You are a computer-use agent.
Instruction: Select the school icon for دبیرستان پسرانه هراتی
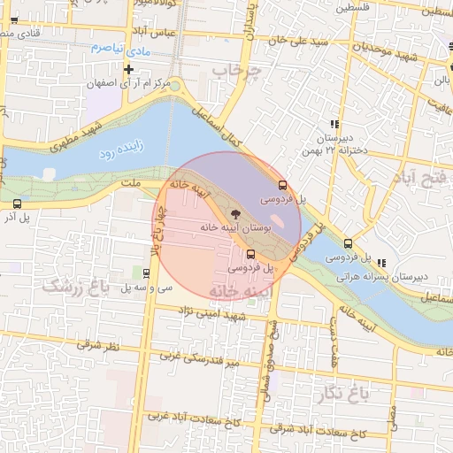pyautogui.click(x=382, y=263)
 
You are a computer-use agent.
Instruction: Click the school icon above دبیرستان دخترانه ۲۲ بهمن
pyautogui.click(x=334, y=125)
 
